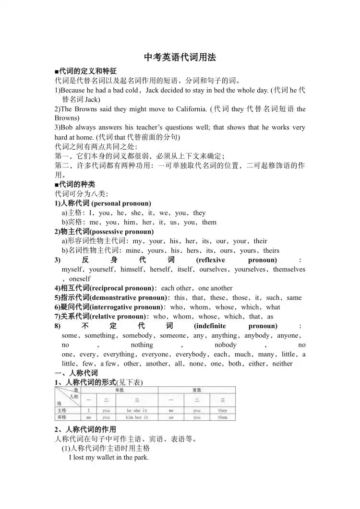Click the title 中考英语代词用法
click(180, 58)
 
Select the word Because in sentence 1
click(72, 90)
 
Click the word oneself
click(80, 279)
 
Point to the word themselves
click(289, 269)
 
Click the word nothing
click(142, 345)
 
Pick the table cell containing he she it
click(137, 411)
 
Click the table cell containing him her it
click(137, 417)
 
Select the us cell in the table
click(171, 417)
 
